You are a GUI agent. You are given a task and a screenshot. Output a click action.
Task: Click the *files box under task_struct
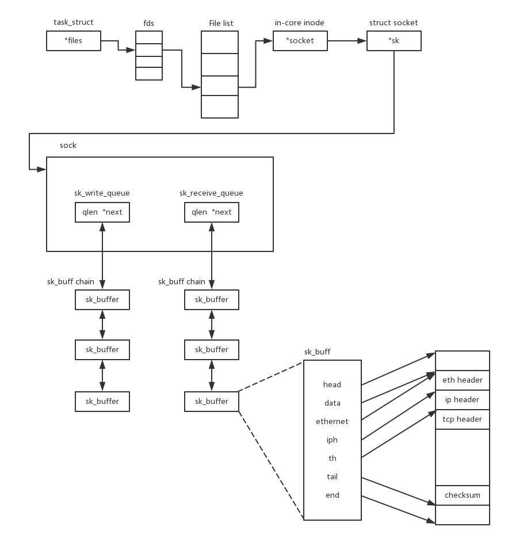[74, 41]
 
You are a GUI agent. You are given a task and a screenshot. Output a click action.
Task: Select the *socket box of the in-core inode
[300, 41]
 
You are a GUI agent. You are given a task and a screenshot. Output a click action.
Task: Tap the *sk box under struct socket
[394, 41]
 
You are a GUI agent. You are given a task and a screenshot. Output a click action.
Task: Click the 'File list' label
[221, 24]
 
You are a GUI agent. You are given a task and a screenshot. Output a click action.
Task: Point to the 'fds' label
[148, 24]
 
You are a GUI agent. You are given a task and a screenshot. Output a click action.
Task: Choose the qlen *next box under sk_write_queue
[102, 212]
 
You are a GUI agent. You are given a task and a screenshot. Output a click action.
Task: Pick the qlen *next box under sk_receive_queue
[212, 212]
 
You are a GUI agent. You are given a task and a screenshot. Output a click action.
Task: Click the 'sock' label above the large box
[68, 146]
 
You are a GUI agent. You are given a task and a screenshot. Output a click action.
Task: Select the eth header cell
[462, 380]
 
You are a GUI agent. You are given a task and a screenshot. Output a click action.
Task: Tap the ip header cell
[462, 400]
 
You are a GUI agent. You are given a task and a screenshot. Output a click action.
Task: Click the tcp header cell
[462, 419]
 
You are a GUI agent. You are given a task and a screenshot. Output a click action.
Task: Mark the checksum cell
[462, 495]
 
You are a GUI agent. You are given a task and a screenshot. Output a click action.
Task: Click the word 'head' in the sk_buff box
[332, 385]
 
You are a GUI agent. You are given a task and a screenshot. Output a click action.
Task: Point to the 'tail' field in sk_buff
[332, 477]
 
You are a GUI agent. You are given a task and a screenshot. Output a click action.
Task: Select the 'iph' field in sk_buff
[332, 440]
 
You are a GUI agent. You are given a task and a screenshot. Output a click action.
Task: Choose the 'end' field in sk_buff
[332, 495]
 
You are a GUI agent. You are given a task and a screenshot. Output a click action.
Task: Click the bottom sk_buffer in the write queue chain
[102, 402]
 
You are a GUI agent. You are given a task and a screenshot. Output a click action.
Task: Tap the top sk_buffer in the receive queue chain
[212, 300]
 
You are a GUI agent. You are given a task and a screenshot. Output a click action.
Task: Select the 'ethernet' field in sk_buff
[332, 422]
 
